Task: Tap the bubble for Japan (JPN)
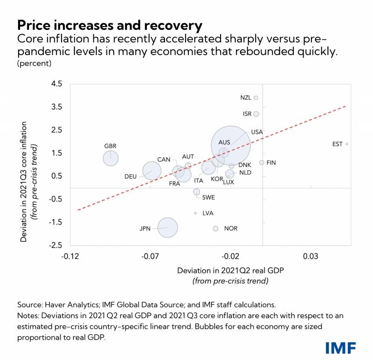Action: coord(168,228)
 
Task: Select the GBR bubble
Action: coord(111,158)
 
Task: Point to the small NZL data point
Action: coord(256,98)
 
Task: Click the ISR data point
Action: coord(256,114)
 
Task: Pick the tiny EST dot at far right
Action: coord(347,144)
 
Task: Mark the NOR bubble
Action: coord(215,229)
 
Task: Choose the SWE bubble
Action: coord(197,191)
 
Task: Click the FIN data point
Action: coord(262,163)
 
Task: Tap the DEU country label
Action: coord(131,177)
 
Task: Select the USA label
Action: coord(257,132)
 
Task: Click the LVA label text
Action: coord(208,213)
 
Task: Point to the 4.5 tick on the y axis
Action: coord(57,84)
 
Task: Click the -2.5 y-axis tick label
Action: coord(56,245)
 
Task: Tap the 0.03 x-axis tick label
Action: coord(311,257)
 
